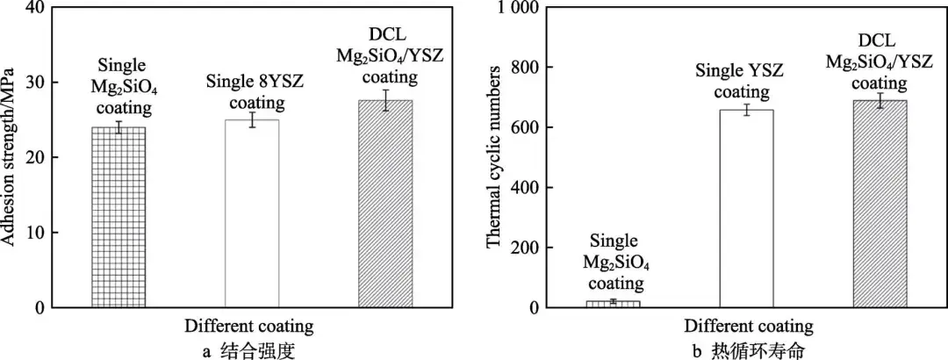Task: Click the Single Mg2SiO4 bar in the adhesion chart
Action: (118, 217)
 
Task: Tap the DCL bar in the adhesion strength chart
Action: (385, 204)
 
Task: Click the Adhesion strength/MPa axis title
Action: (12, 158)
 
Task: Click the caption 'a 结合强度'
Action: (248, 348)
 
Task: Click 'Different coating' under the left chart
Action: (248, 327)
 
